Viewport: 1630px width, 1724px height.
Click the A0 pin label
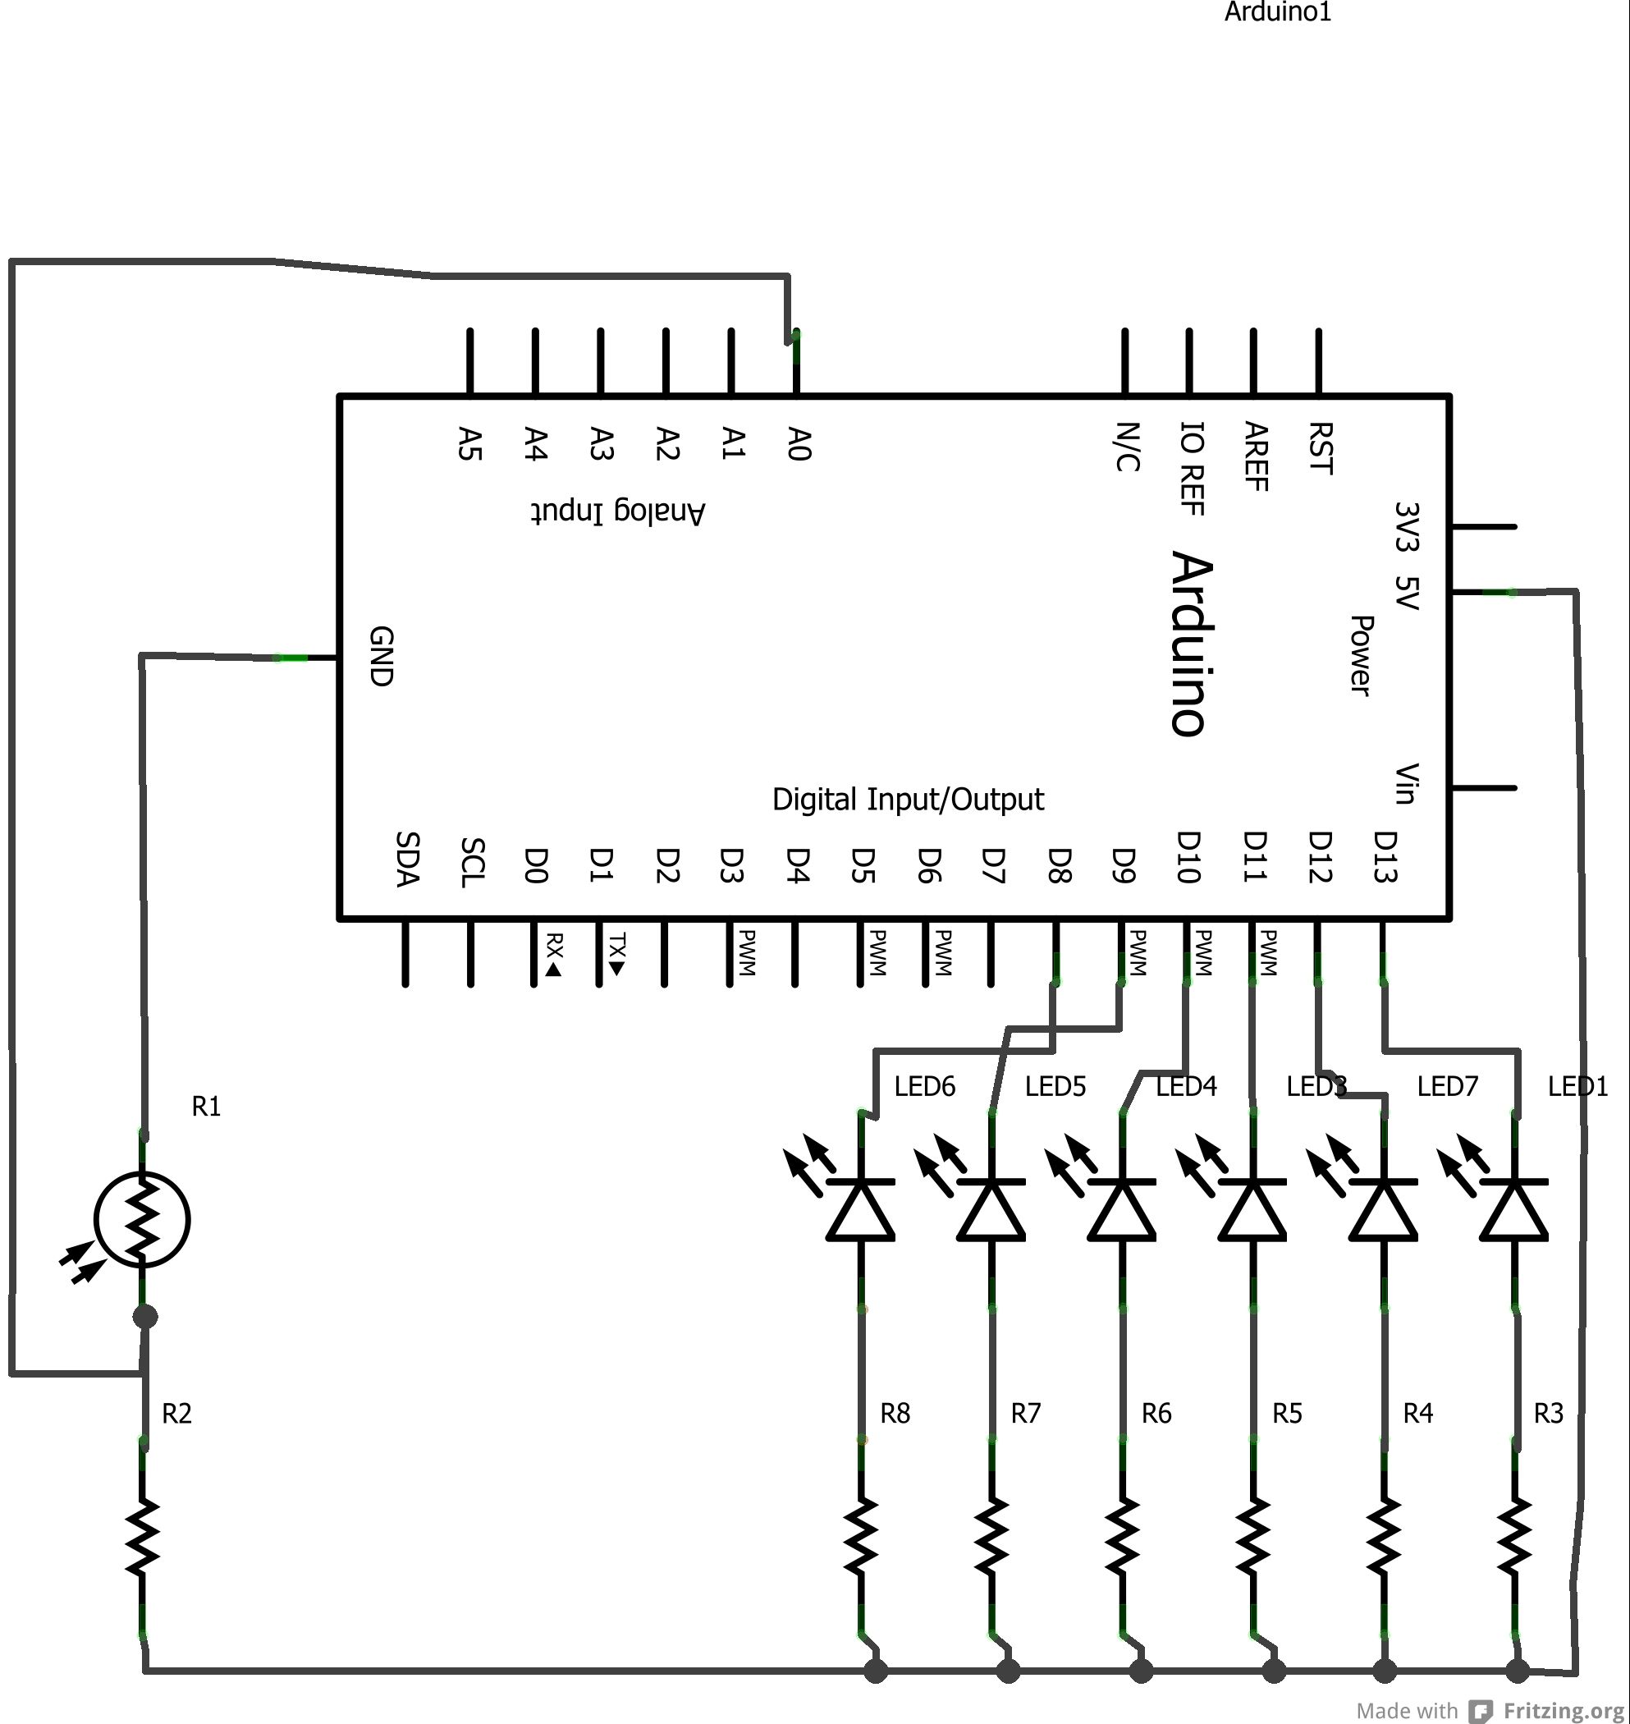(799, 443)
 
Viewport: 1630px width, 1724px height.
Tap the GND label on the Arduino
(382, 656)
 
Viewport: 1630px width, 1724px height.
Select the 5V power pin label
(1406, 593)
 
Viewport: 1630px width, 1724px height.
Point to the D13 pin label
(1385, 857)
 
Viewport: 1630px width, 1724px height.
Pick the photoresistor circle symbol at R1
(142, 1218)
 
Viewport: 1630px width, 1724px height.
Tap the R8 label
(895, 1414)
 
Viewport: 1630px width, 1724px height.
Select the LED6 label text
(924, 1086)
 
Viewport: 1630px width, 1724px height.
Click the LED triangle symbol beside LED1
(1513, 1209)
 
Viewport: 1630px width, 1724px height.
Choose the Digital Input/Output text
(908, 800)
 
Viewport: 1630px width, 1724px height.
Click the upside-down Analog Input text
(618, 511)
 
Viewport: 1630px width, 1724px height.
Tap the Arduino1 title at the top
(1277, 12)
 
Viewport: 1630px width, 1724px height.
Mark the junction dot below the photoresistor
(145, 1318)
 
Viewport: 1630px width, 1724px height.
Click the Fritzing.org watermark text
(1564, 1711)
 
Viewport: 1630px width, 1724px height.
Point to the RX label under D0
(553, 955)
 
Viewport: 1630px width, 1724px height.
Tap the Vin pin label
(1406, 784)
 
